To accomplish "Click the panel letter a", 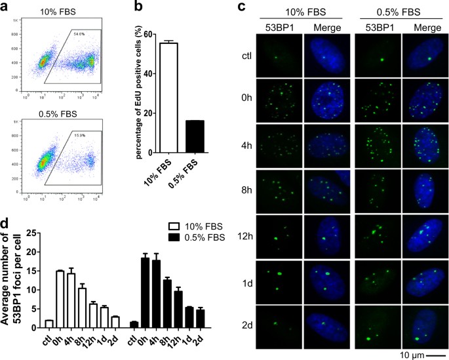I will click(6, 7).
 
